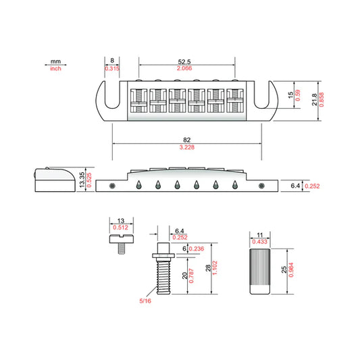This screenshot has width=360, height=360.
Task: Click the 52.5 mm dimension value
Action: click(x=184, y=61)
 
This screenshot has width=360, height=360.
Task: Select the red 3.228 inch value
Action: click(x=187, y=147)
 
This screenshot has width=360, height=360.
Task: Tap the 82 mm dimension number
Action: click(x=186, y=140)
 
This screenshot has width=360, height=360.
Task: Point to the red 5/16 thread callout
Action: click(x=145, y=301)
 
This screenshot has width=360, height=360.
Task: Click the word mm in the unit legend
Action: click(x=55, y=61)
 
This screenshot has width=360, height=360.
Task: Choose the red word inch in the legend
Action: click(x=55, y=68)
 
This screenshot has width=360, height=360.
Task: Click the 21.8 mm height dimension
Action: click(x=314, y=99)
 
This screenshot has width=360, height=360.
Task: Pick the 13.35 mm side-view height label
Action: click(x=82, y=180)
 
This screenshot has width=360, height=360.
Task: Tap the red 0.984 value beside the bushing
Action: click(x=291, y=269)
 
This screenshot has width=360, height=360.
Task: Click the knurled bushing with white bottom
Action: click(x=260, y=271)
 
